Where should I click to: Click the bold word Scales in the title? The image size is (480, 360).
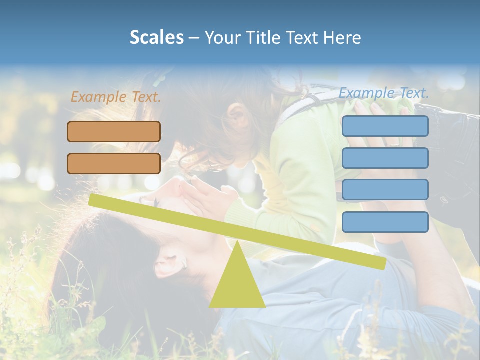pyautogui.click(x=156, y=37)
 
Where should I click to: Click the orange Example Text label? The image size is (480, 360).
pyautogui.click(x=116, y=97)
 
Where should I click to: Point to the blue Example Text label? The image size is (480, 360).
pyautogui.click(x=384, y=93)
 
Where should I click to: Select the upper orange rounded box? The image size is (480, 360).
pyautogui.click(x=114, y=132)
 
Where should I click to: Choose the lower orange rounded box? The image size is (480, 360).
pyautogui.click(x=114, y=163)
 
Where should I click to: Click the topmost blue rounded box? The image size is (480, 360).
pyautogui.click(x=385, y=126)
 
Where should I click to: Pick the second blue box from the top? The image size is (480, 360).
pyautogui.click(x=385, y=158)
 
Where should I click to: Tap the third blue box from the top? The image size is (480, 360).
pyautogui.click(x=385, y=190)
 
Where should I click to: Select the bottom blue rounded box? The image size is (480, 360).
pyautogui.click(x=385, y=222)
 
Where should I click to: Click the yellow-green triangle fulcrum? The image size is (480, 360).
pyautogui.click(x=237, y=285)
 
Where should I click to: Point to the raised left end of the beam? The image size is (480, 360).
pyautogui.click(x=93, y=200)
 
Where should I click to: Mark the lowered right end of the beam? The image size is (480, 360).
pyautogui.click(x=382, y=263)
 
